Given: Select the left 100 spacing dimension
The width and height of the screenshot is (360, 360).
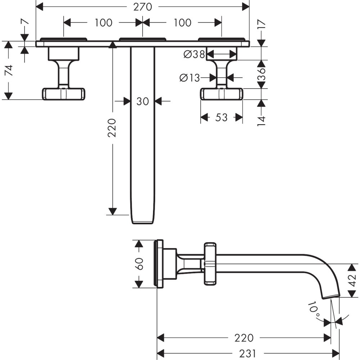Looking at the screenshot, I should tap(103, 23).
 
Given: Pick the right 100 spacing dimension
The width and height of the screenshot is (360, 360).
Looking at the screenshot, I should tap(182, 23).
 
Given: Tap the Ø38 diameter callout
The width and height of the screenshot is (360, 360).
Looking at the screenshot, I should tap(194, 54).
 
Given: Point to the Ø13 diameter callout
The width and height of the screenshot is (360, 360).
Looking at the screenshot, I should tap(189, 77).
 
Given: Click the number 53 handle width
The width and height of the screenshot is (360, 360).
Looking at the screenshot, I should tap(222, 117).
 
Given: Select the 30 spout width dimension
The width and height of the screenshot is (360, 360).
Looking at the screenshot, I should tap(143, 102).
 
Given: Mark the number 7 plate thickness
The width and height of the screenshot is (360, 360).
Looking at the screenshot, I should tap(24, 23).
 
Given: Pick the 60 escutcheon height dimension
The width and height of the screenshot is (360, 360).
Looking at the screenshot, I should tap(140, 264).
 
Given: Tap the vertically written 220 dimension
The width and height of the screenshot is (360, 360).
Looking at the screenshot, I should tap(113, 127).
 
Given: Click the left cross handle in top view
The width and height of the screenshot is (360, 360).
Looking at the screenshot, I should tap(64, 94).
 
